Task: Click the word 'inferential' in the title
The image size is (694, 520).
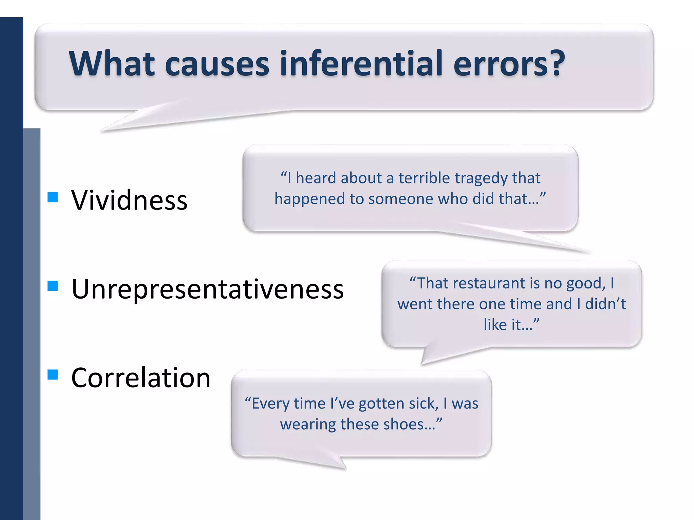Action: tap(361, 63)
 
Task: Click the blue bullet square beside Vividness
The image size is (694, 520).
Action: tap(53, 197)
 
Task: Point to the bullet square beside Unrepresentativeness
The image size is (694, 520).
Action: tap(53, 286)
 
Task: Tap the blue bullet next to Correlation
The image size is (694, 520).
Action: tap(53, 375)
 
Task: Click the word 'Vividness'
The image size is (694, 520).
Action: tap(129, 200)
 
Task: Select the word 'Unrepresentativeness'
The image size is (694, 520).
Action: tap(207, 289)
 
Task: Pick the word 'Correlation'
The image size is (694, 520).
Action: tap(141, 378)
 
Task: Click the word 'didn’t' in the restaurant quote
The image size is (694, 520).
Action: tap(605, 304)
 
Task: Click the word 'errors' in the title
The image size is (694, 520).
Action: tap(501, 63)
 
